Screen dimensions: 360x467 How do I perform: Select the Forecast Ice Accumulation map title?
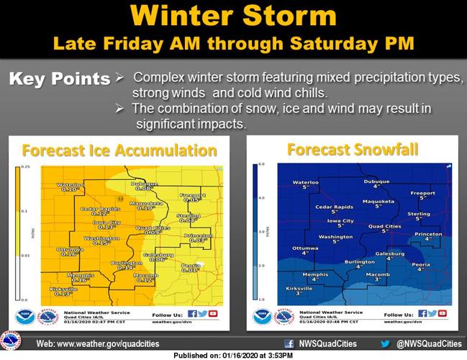click(119, 150)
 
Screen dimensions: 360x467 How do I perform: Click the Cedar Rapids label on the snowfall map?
click(335, 208)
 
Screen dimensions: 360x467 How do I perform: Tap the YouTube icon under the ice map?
click(213, 314)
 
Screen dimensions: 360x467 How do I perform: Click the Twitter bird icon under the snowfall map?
click(433, 314)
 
